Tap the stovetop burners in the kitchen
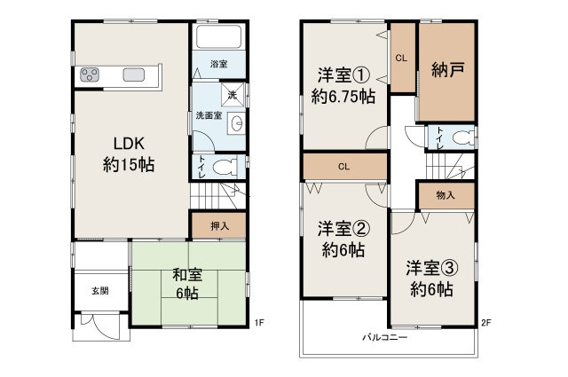(91, 75)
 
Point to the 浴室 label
(219, 65)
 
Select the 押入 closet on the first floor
(219, 226)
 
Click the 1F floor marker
(258, 321)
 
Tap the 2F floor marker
(485, 321)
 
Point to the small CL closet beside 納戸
(401, 59)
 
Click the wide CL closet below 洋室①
(344, 166)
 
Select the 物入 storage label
(446, 196)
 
